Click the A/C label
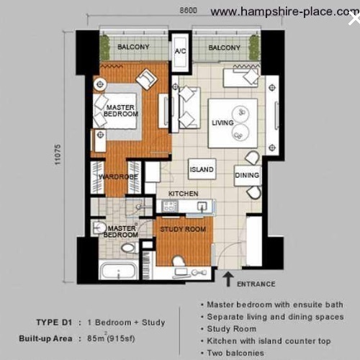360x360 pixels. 181,51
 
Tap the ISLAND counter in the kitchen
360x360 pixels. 202,169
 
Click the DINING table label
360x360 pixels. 247,175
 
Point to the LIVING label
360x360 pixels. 222,122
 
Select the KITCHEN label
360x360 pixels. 183,194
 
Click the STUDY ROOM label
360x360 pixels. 183,229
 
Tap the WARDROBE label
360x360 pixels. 118,177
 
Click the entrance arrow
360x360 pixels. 228,279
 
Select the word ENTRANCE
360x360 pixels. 256,284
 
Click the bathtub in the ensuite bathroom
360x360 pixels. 118,271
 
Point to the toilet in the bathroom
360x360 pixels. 130,248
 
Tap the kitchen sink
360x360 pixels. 202,206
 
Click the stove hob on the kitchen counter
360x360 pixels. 170,206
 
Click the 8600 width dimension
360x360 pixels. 188,10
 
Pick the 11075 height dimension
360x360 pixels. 58,154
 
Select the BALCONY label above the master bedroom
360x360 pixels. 133,47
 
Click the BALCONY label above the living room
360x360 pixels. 224,48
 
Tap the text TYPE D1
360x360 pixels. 54,322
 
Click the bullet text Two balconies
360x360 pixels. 235,353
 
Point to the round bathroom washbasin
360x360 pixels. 99,227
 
